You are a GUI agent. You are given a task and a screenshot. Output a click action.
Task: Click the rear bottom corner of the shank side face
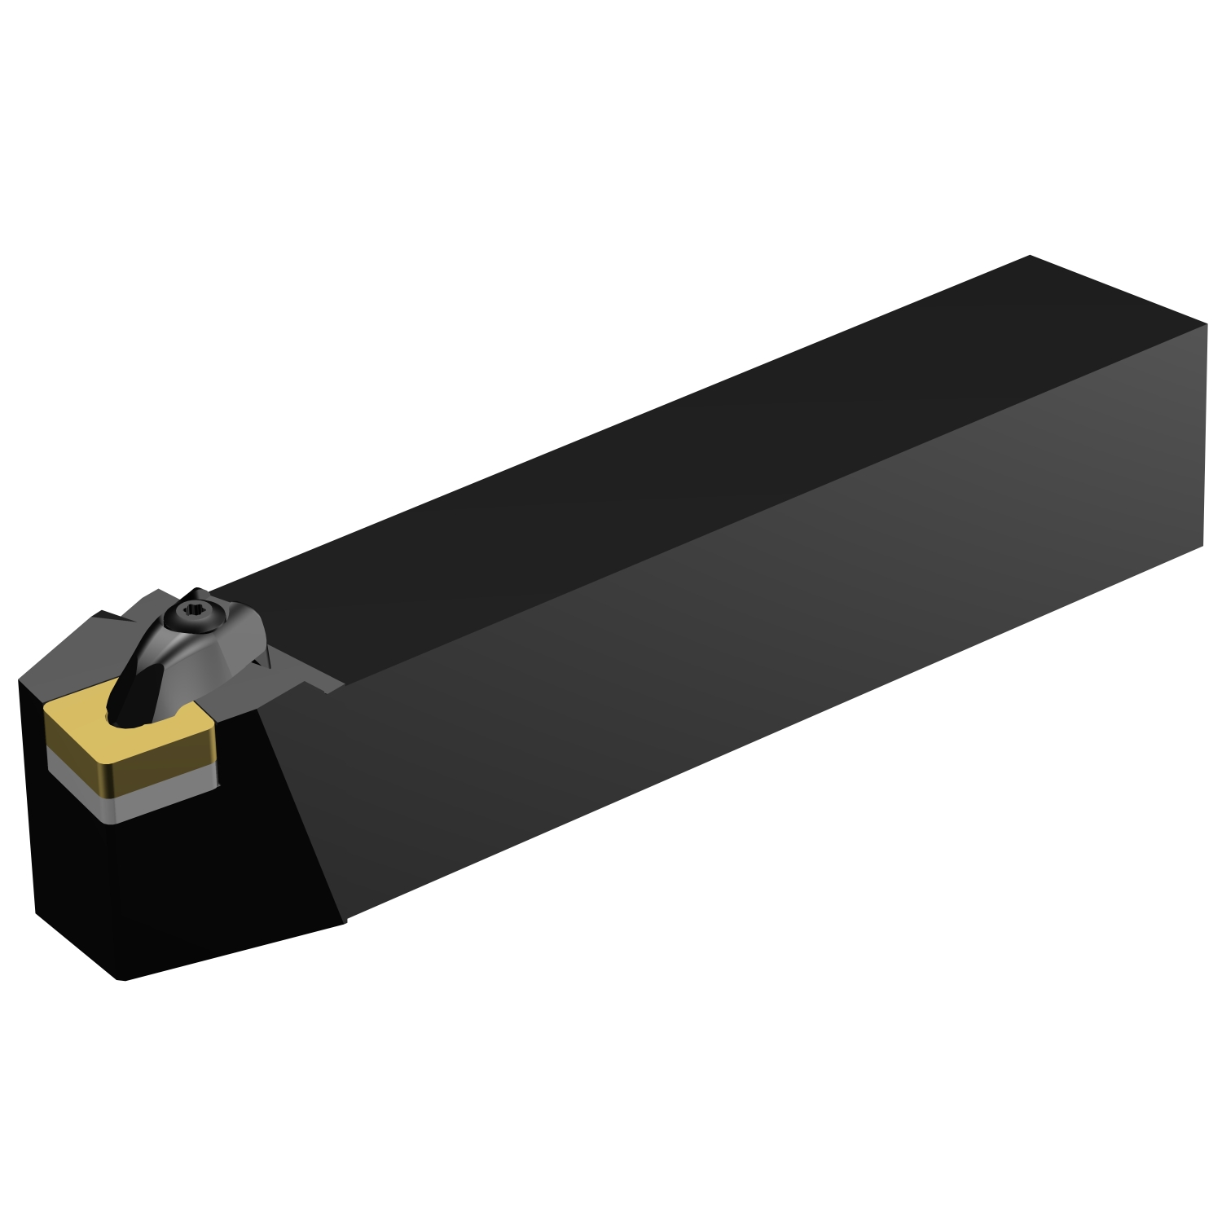coord(1203,545)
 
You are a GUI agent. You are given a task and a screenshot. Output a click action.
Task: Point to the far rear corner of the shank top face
coord(1030,256)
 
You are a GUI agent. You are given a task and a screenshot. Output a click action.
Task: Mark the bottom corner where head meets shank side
coord(345,921)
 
